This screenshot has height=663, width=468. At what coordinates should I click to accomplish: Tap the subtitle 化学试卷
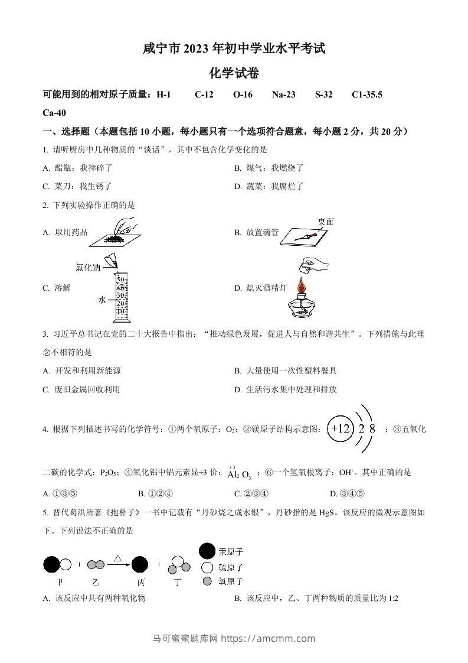(234, 73)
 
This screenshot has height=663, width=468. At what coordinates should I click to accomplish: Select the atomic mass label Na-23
(283, 95)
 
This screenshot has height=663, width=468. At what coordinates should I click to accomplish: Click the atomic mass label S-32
(323, 95)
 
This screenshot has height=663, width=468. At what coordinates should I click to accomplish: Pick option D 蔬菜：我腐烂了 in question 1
(269, 186)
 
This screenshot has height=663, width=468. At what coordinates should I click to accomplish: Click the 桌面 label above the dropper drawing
(325, 222)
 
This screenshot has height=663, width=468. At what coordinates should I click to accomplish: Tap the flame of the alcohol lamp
(302, 286)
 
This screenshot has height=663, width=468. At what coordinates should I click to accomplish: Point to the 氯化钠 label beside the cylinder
(87, 268)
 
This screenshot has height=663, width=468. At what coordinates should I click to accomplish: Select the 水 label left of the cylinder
(102, 300)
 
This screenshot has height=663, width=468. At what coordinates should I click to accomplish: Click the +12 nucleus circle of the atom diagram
(341, 429)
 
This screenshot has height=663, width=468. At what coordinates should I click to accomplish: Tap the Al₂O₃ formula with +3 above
(239, 473)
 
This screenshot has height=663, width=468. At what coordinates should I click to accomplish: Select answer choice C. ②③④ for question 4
(251, 493)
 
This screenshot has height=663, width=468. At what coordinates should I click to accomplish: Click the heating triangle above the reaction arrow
(118, 557)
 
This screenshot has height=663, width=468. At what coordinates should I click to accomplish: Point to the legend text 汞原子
(230, 552)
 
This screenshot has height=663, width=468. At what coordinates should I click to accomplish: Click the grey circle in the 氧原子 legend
(207, 581)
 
